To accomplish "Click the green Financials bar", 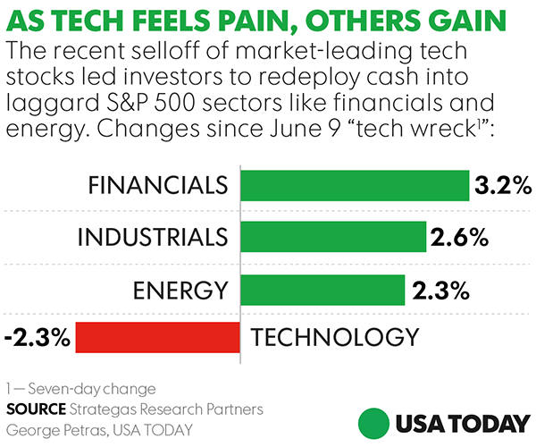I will point(354,186).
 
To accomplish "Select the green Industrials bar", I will point(332,238).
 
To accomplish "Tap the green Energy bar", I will point(319,289).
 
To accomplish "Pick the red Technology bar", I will point(156,338).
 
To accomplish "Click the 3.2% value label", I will point(503,186).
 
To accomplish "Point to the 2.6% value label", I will point(460,238).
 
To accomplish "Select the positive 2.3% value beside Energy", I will point(440,289).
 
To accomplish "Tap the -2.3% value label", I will point(37,338).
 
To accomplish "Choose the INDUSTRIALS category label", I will point(152,238).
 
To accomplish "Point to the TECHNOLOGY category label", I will point(335,338).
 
